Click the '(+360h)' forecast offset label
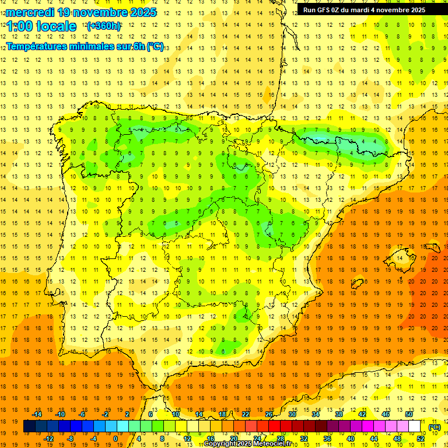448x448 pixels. [x=104, y=26]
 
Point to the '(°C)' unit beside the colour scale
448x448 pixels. [x=434, y=427]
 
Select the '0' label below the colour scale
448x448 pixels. [x=116, y=439]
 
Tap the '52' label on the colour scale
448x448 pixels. [x=421, y=439]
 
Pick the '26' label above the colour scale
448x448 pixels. [x=269, y=414]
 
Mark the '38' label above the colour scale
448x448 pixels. [x=339, y=414]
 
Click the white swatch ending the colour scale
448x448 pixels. [x=415, y=426]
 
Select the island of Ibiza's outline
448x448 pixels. [x=358, y=284]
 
